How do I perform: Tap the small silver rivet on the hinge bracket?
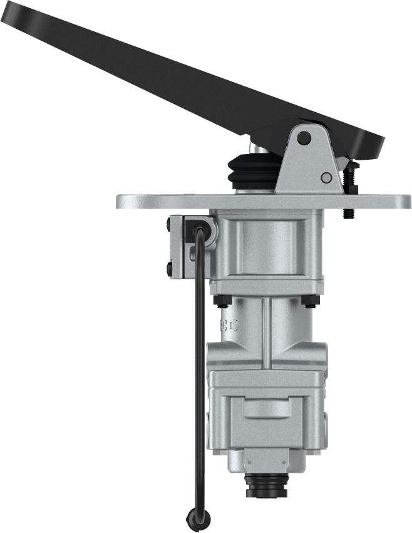(x=325, y=178)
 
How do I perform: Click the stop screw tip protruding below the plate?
(x=348, y=214)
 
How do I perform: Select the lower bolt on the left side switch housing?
(x=171, y=270)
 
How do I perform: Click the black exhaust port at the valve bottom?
(x=267, y=485)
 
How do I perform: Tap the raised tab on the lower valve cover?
(x=267, y=408)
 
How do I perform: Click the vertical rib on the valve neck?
(x=267, y=332)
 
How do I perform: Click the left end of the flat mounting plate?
(x=122, y=202)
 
